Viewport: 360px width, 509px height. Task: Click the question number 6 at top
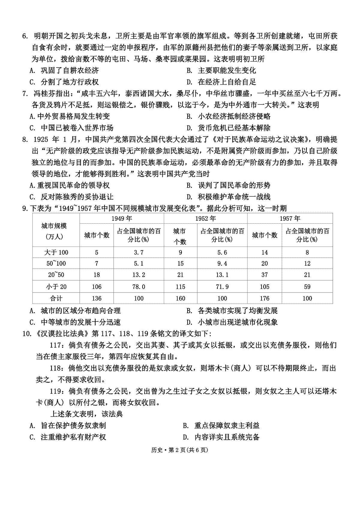click(25, 36)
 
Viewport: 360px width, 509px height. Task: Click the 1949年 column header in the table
click(121, 218)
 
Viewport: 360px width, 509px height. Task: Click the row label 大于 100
click(56, 252)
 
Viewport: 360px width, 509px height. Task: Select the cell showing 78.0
click(139, 287)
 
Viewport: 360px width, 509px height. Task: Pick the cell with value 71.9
click(222, 287)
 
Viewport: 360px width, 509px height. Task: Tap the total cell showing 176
click(264, 298)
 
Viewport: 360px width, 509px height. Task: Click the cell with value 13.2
click(139, 275)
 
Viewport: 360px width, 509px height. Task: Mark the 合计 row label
click(56, 298)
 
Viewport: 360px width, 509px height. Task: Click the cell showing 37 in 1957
click(264, 275)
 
